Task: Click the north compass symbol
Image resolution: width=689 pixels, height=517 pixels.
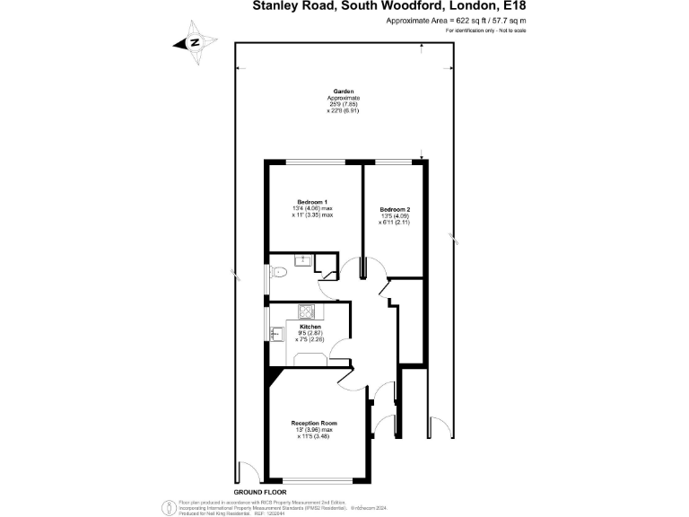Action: click(x=195, y=42)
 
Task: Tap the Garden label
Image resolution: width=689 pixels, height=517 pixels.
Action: click(x=343, y=92)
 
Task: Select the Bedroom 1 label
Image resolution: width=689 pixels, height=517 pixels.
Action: click(x=312, y=202)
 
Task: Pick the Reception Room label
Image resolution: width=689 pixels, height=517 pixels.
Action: click(x=313, y=423)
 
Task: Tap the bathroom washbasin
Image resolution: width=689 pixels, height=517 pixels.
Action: click(x=305, y=260)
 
